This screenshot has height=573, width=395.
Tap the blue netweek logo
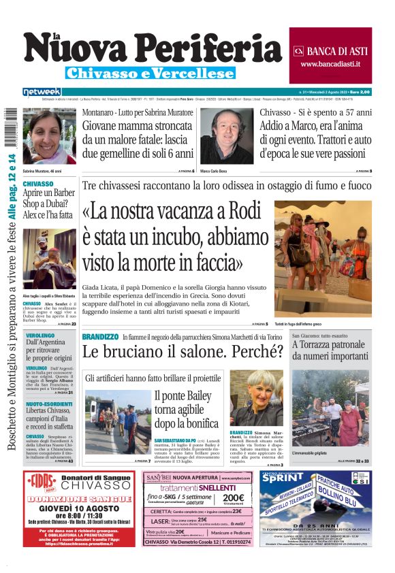click(42, 92)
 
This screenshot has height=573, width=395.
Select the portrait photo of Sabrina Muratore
click(49, 137)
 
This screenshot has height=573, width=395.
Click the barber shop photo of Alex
click(49, 259)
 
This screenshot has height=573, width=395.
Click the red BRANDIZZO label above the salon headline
click(100, 337)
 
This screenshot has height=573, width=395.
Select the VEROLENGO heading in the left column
click(40, 336)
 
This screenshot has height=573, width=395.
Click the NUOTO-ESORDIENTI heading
click(49, 404)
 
